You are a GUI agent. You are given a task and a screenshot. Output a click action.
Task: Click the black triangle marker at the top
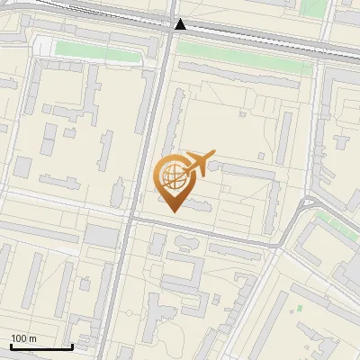coord(181,24)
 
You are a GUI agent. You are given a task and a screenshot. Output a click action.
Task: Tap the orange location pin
coord(174,180)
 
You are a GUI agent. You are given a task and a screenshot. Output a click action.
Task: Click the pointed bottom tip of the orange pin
coord(174,211)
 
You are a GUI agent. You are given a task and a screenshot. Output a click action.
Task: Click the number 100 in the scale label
coord(19,338)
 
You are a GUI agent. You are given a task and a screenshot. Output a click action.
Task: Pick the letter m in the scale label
coord(32,338)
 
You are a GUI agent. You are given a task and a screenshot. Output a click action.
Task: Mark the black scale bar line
coord(41,346)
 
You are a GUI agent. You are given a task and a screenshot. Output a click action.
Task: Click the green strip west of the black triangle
coord(99,51)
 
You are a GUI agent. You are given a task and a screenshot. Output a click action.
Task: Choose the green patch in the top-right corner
coord(312,7)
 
